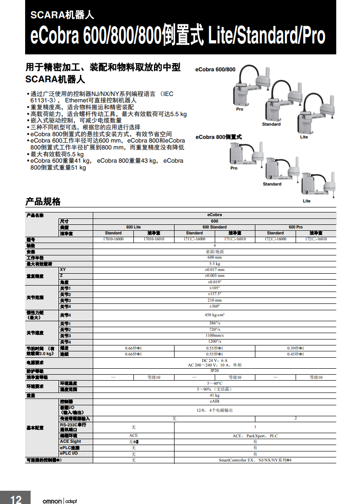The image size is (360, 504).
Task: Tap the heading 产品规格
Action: [x=42, y=202]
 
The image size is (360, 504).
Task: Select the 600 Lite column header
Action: [x=133, y=227]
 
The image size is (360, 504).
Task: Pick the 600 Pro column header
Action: [x=295, y=227]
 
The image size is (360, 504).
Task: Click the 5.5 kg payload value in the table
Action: [x=214, y=264]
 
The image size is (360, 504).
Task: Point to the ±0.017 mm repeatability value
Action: [x=214, y=270]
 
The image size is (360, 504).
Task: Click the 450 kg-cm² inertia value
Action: [x=214, y=315]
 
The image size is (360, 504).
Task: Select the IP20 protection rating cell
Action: [x=214, y=371]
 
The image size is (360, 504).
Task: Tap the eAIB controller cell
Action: [x=214, y=401]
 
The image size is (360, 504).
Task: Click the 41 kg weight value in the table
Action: [x=214, y=395]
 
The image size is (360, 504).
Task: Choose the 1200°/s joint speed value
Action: [x=214, y=341]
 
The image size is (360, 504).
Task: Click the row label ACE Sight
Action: [x=70, y=441]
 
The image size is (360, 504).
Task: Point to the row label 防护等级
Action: [x=35, y=371]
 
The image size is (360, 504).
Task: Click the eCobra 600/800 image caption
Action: [x=215, y=69]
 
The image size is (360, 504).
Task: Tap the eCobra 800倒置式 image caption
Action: [x=218, y=137]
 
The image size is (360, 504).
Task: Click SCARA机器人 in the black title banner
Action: [x=62, y=15]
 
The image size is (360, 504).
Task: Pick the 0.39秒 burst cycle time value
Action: [x=295, y=348]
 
